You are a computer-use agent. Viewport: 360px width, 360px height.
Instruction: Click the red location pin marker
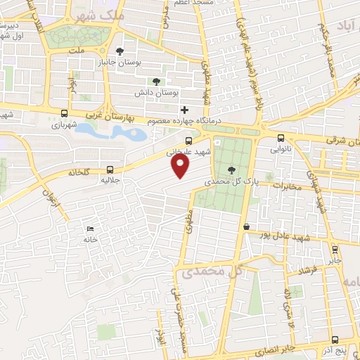[181, 165]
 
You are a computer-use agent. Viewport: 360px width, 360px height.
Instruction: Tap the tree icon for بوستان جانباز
[120, 51]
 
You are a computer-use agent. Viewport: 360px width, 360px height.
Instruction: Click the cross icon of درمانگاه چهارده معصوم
[184, 110]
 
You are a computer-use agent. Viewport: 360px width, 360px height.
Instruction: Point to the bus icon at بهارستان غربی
[65, 113]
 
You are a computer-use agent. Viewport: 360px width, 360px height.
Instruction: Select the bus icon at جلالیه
[110, 169]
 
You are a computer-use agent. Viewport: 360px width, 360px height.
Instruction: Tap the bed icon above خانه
[89, 229]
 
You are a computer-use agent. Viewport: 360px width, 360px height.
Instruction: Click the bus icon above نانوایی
[281, 139]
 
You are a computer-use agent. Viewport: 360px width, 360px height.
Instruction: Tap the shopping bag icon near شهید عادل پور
[247, 226]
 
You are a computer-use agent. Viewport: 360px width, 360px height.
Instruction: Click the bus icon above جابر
[334, 247]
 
